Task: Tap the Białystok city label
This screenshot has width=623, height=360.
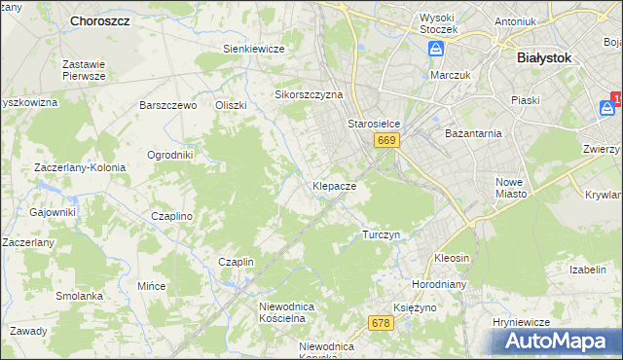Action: pyautogui.click(x=543, y=57)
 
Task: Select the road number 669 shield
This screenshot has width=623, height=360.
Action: pyautogui.click(x=385, y=140)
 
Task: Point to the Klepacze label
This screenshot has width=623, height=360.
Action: pyautogui.click(x=334, y=185)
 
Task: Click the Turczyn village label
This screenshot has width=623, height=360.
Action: pyautogui.click(x=381, y=234)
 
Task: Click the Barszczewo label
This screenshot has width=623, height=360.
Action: pyautogui.click(x=168, y=105)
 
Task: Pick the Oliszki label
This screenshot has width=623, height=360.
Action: pyautogui.click(x=232, y=105)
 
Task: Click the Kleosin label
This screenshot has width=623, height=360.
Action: pyautogui.click(x=452, y=259)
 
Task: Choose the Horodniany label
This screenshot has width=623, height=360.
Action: pyautogui.click(x=443, y=286)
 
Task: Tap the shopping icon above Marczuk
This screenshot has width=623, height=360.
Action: pyautogui.click(x=438, y=50)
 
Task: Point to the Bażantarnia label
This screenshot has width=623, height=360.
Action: pyautogui.click(x=472, y=132)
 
